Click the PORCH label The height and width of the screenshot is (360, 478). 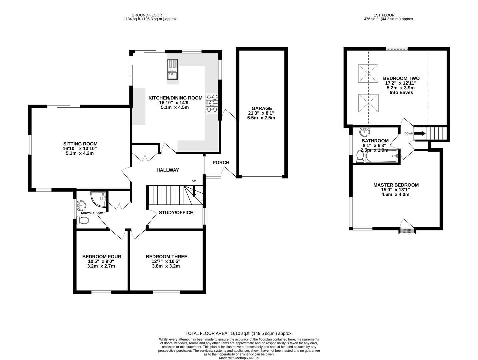[221, 163]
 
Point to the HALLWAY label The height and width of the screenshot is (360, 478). [168, 170]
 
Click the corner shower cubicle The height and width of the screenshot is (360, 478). [99, 199]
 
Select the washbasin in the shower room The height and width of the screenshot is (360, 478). [80, 204]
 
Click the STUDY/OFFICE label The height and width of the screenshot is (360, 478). [176, 212]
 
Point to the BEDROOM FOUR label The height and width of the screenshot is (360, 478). [102, 257]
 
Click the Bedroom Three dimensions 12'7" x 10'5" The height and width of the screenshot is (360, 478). [166, 261]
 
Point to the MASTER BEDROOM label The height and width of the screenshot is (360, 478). [396, 185]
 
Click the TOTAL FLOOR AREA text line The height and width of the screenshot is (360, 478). [239, 333]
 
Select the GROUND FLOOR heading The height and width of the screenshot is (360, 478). [147, 15]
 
